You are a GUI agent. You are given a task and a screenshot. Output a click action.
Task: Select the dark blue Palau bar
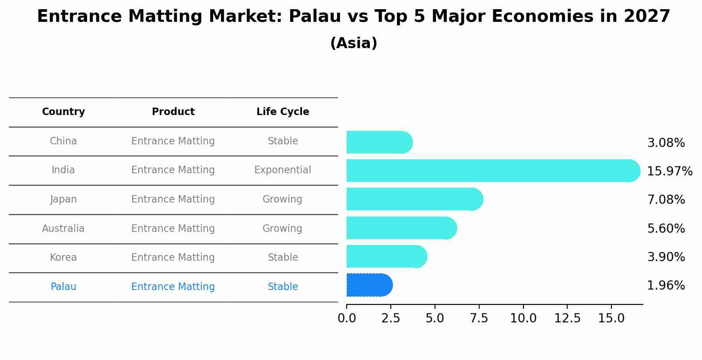(x=369, y=285)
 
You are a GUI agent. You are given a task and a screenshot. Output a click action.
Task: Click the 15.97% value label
(x=669, y=171)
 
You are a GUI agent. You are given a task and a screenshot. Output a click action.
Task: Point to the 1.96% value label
(x=666, y=286)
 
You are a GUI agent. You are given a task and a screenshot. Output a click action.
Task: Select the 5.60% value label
(x=666, y=228)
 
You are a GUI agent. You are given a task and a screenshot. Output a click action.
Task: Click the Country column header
(x=63, y=112)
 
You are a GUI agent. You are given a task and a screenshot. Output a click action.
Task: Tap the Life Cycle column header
(x=283, y=112)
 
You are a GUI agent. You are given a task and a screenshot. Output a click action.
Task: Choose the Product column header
(x=173, y=112)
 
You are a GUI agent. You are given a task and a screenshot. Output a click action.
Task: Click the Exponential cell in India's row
(x=283, y=170)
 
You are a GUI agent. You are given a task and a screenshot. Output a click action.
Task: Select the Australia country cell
(x=63, y=228)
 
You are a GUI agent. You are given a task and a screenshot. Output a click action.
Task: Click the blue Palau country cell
(x=63, y=287)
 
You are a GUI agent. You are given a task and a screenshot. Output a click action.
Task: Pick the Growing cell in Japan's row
(x=282, y=199)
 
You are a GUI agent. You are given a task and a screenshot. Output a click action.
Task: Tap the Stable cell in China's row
(x=283, y=141)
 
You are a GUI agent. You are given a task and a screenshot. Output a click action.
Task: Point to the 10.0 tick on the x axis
(x=523, y=318)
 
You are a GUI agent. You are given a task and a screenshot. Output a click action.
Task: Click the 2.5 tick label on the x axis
(x=391, y=318)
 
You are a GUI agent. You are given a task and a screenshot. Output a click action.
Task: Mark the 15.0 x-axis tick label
(x=611, y=318)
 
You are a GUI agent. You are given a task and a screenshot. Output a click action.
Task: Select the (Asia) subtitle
(x=354, y=43)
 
